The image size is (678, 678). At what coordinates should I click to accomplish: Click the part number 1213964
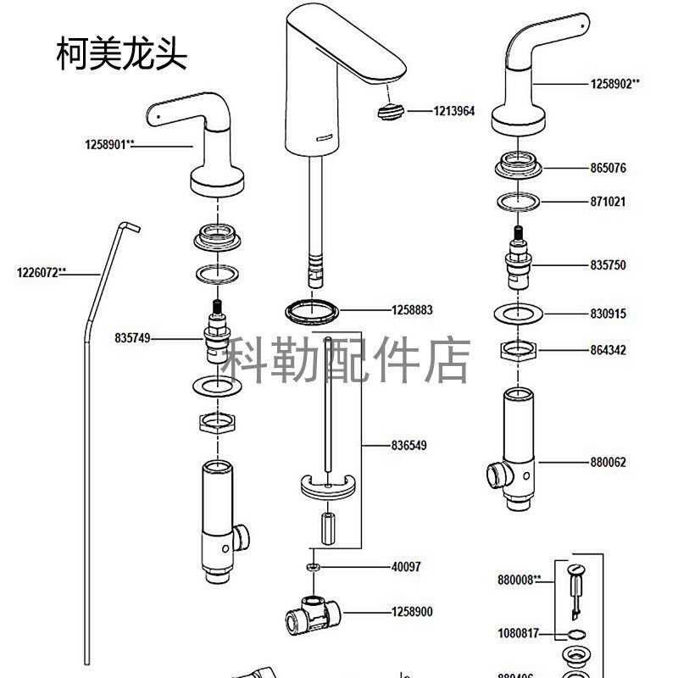[x=454, y=110]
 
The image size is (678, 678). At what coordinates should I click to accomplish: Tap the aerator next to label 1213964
[x=391, y=109]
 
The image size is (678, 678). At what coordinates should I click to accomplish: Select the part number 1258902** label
[x=614, y=83]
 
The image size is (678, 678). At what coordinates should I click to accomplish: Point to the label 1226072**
[x=42, y=273]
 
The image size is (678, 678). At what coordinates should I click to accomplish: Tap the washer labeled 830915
[x=518, y=314]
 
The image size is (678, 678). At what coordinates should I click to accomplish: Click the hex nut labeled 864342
[x=518, y=349]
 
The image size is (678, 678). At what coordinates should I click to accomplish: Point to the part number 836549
[x=411, y=445]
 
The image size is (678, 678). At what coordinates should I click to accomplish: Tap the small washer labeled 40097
[x=313, y=566]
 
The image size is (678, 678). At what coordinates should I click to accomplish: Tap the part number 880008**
[x=520, y=581]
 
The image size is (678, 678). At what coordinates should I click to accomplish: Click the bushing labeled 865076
[x=518, y=164]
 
